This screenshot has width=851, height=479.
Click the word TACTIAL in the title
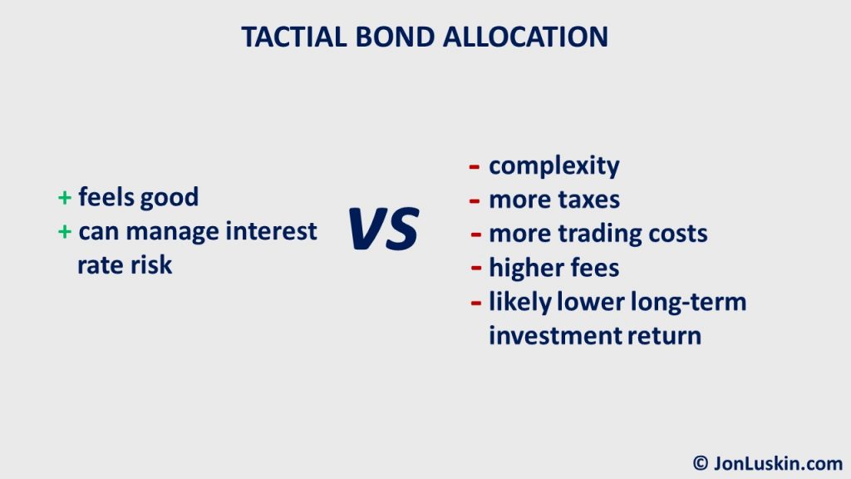pos(293,37)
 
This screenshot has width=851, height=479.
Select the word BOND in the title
pos(395,37)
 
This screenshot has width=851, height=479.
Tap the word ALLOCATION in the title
pos(525,37)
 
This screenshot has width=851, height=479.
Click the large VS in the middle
pos(383,229)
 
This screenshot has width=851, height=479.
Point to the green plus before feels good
pos(65,198)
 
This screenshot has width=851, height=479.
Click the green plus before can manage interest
pos(65,232)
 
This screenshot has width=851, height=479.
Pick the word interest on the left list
pos(271,231)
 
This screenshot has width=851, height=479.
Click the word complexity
pos(554,166)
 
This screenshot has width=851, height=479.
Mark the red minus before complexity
pos(475,166)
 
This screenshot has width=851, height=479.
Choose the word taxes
pos(589,200)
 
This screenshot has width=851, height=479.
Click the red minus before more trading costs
pos(476,235)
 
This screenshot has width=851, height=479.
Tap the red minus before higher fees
pos(476,268)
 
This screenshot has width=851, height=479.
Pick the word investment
pos(554,336)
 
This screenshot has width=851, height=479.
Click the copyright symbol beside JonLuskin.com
pos(700,463)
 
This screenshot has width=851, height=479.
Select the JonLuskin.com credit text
pos(778,463)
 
